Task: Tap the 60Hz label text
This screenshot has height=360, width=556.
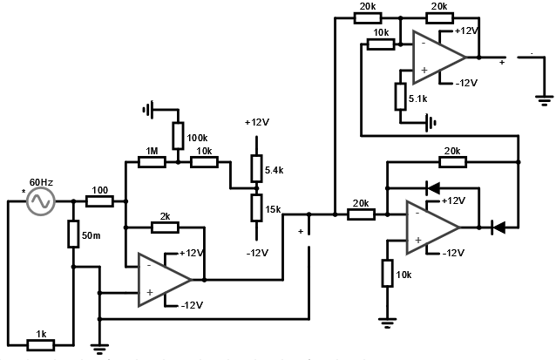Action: pyautogui.click(x=42, y=182)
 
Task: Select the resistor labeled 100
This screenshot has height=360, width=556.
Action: pyautogui.click(x=99, y=202)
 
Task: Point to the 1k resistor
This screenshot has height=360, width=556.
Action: pyautogui.click(x=40, y=343)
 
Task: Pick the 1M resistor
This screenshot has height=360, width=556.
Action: pyautogui.click(x=152, y=161)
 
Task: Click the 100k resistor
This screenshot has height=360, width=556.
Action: pyautogui.click(x=177, y=136)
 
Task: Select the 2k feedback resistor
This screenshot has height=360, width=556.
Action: pyautogui.click(x=165, y=228)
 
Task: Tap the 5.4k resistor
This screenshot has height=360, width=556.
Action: pyautogui.click(x=256, y=168)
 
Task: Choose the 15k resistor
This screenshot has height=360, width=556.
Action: pyautogui.click(x=256, y=209)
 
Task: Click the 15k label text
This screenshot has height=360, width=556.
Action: pyautogui.click(x=274, y=209)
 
